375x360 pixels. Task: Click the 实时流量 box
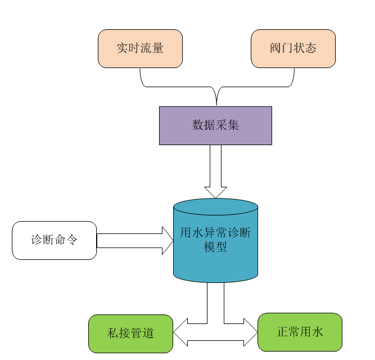coord(140,48)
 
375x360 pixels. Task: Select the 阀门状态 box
coord(292,48)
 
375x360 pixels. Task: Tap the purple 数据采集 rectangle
coord(215,125)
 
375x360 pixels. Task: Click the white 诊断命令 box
coord(54,240)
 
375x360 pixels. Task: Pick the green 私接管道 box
coord(130,333)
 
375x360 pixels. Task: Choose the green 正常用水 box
coord(300,332)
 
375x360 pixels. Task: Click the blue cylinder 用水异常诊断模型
coord(215,247)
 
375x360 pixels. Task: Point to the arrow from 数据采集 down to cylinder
coord(215,169)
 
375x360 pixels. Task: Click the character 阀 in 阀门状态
coord(275,48)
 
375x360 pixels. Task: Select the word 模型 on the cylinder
coord(215,246)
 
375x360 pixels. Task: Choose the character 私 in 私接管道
coord(113,333)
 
